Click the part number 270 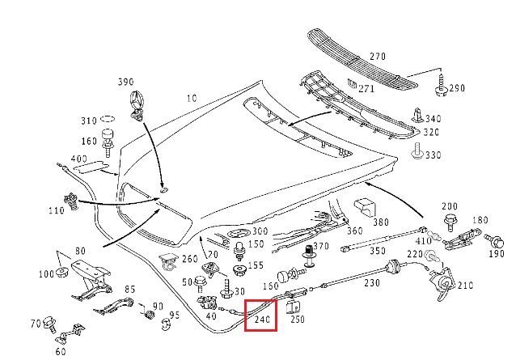(377, 57)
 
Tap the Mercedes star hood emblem (136, 104)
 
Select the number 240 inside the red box (260, 319)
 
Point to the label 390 (125, 83)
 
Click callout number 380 (380, 222)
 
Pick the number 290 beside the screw (457, 88)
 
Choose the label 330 (434, 155)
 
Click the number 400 (78, 158)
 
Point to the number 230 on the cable (371, 283)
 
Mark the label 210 (465, 286)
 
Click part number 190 (496, 253)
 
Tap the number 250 (298, 320)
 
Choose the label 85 (129, 290)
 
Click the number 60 (60, 351)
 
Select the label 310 (87, 121)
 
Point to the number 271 (366, 87)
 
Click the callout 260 (189, 259)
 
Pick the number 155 (256, 265)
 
